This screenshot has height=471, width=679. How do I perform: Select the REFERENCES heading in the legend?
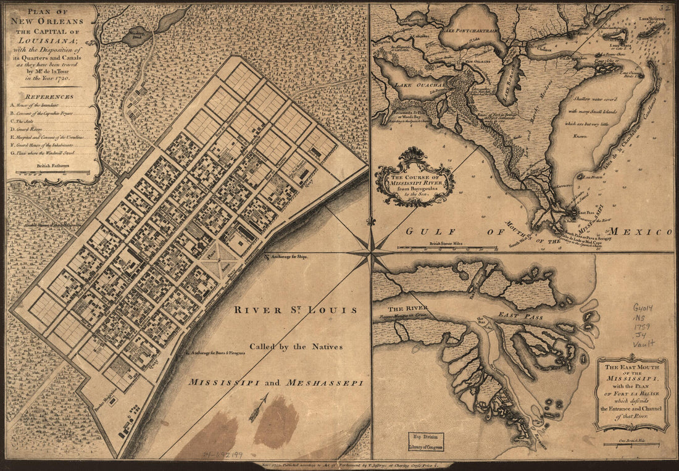(x=49, y=96)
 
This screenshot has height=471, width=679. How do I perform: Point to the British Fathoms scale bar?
(x=52, y=172)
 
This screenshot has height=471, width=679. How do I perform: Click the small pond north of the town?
(x=134, y=37)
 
